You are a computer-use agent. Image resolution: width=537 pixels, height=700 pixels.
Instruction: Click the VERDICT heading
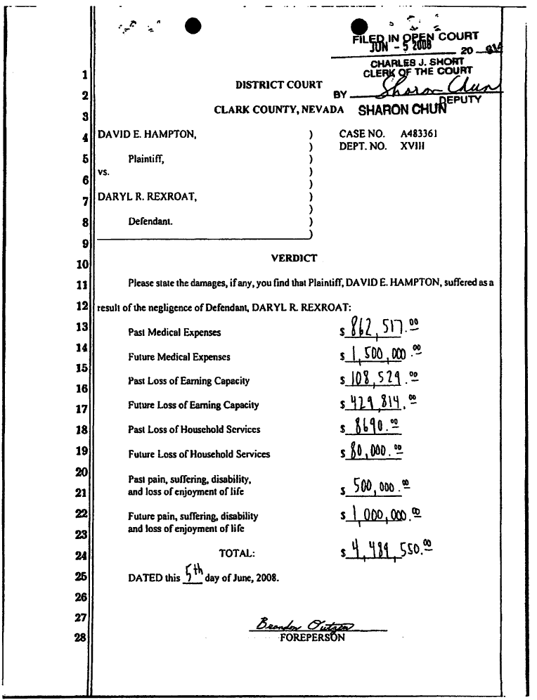(294, 258)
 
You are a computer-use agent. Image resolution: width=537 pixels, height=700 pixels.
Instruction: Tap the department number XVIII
(413, 146)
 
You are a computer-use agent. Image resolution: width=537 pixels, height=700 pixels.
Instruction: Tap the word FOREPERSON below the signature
(312, 639)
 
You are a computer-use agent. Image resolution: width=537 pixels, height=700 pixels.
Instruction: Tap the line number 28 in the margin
(82, 640)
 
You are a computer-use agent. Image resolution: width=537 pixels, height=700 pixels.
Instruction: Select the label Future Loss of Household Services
(199, 454)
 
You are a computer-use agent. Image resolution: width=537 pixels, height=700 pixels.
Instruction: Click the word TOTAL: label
(237, 554)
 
